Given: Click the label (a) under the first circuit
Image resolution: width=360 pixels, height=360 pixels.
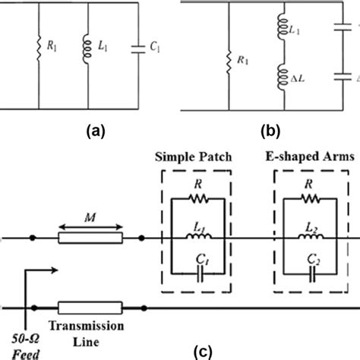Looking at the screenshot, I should (x=96, y=130).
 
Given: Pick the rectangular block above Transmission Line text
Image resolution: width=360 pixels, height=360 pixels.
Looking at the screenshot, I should (x=89, y=308).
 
